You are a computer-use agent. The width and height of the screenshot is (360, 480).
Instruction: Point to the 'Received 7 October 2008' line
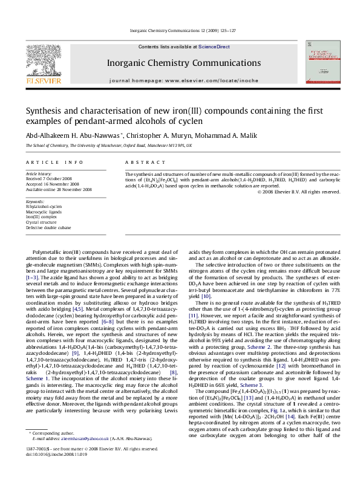coord(51,177)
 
